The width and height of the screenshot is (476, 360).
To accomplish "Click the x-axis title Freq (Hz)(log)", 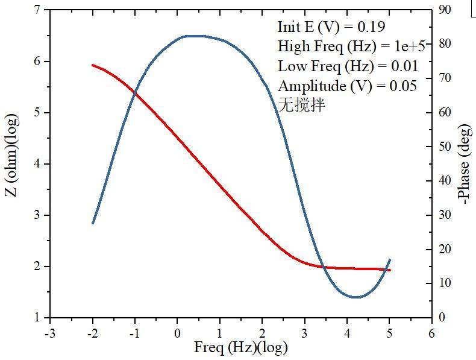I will point(240,348).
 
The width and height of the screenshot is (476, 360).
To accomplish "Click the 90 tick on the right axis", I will point(445,10).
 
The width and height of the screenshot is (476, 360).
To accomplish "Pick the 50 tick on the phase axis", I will point(445,147).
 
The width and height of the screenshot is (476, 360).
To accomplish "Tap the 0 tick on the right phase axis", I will point(441,317).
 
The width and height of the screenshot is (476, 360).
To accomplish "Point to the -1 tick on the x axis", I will point(134,332).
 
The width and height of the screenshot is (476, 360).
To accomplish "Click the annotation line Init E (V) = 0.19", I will point(331,27).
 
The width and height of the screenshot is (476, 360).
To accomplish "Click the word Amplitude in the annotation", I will point(307,86).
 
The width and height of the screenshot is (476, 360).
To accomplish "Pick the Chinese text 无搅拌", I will point(301,105).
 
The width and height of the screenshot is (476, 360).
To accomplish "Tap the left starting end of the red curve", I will point(92,65).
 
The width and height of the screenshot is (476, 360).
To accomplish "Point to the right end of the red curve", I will point(390,270).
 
